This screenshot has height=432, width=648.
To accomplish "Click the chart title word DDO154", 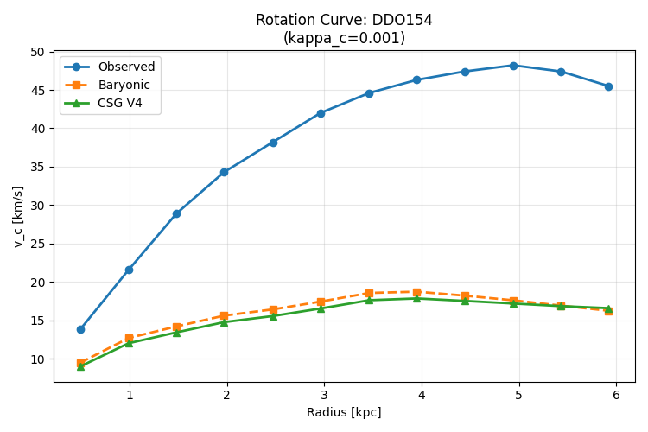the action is [402, 20].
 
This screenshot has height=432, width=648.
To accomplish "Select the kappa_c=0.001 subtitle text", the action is [344, 38].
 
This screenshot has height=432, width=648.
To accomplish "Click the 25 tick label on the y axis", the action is [37, 244].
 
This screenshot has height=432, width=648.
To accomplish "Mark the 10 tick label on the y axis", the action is [37, 359].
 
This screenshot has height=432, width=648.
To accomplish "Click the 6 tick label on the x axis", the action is [616, 395].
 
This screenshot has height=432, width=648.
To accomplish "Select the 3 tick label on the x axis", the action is [324, 395].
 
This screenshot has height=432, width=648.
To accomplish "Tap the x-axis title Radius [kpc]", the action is [344, 412].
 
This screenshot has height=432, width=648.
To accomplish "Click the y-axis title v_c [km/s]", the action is [19, 217].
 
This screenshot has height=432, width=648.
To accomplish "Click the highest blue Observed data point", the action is [513, 66].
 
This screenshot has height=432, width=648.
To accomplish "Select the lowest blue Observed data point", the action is [80, 329].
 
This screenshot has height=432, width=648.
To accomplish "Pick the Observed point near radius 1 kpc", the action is [129, 270].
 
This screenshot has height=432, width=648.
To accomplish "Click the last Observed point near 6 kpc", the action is [608, 86].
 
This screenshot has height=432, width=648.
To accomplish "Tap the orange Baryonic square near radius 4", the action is [416, 292].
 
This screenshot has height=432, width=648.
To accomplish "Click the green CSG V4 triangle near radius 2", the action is [224, 322].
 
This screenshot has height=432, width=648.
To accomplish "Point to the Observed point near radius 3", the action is [321, 113].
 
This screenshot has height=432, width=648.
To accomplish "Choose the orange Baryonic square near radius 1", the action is [129, 338].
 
